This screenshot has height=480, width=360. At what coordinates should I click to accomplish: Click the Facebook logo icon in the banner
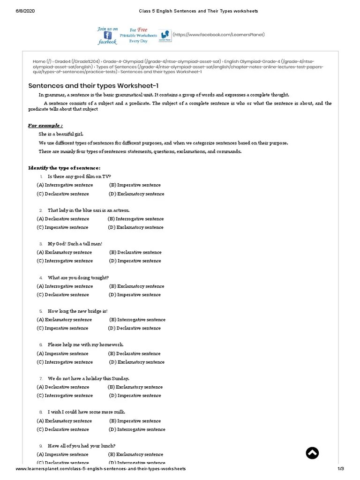coord(107,35)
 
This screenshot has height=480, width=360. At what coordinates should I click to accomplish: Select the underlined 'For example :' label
coord(45,126)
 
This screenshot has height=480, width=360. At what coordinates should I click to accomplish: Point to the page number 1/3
coord(341,469)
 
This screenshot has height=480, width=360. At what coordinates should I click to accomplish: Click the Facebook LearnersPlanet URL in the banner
coord(219,35)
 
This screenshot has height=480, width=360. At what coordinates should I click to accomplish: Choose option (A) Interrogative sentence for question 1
coord(65,185)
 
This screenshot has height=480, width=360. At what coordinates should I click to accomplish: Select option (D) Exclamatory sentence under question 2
coord(136,227)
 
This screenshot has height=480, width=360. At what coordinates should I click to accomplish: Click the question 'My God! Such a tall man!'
coord(75,244)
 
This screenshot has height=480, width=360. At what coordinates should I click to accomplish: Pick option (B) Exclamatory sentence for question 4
coord(137,286)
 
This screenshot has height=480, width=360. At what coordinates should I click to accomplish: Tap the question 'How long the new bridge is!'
coord(77,311)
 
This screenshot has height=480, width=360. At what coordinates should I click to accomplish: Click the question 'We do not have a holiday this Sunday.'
coord(88,378)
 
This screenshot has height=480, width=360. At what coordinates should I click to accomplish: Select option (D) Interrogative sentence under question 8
coord(137,429)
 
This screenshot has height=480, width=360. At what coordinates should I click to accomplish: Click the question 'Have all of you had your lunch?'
coord(82,445)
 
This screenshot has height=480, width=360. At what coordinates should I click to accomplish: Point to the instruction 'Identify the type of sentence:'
coord(64,168)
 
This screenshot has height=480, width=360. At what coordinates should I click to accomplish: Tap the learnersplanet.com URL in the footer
coord(101,469)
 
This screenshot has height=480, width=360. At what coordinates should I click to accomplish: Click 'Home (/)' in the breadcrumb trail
coord(42,61)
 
